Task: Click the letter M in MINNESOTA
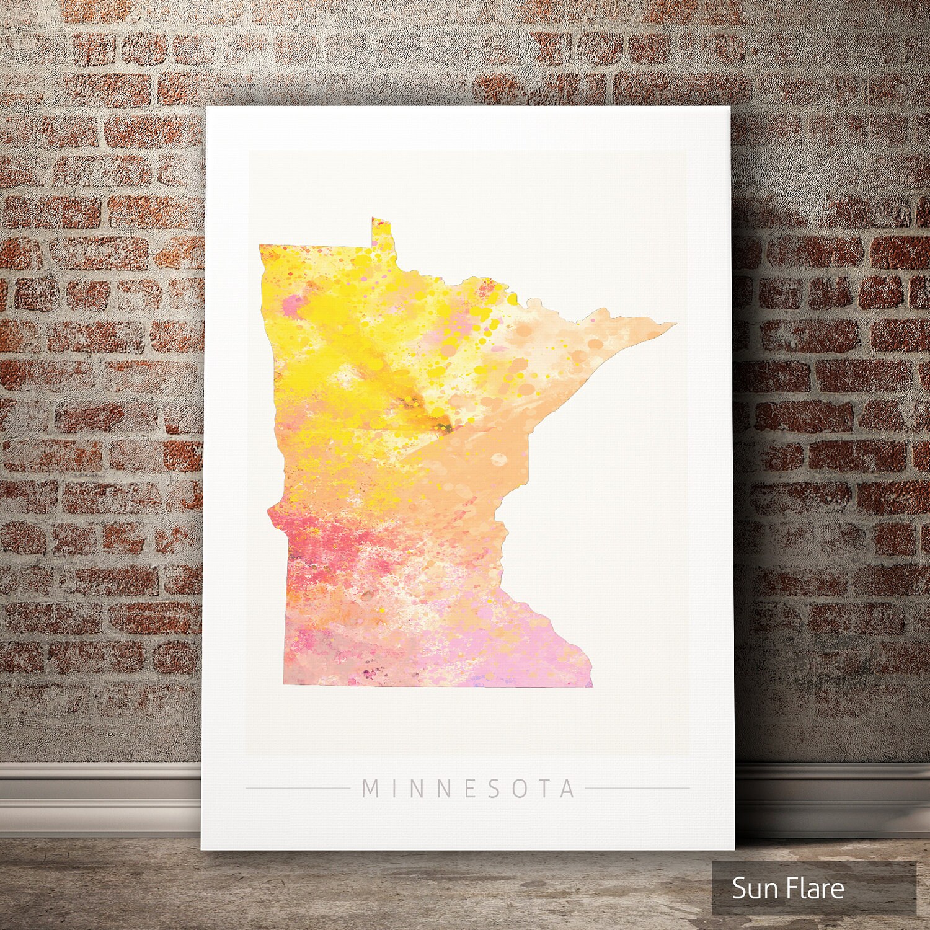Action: (x=370, y=789)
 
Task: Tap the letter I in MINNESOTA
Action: (x=395, y=789)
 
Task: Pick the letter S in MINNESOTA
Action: (x=493, y=789)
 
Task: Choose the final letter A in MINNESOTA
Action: (x=567, y=789)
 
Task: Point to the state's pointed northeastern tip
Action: (x=675, y=323)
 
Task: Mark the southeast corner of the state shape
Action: (x=591, y=686)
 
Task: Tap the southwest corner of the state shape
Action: (x=285, y=684)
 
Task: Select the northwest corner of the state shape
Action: (x=261, y=246)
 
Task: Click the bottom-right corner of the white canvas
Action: (x=733, y=848)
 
